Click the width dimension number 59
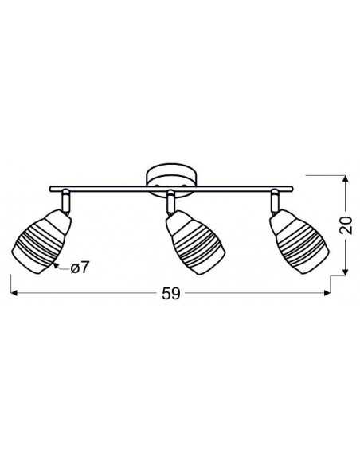(x=171, y=294)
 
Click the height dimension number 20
(x=346, y=225)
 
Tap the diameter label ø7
(x=80, y=268)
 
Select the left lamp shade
(x=41, y=241)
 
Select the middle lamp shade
(x=195, y=242)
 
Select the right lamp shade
(x=299, y=241)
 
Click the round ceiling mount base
(x=171, y=181)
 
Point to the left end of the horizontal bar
(x=50, y=189)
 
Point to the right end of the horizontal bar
(x=292, y=189)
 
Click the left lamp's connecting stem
(x=66, y=202)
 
